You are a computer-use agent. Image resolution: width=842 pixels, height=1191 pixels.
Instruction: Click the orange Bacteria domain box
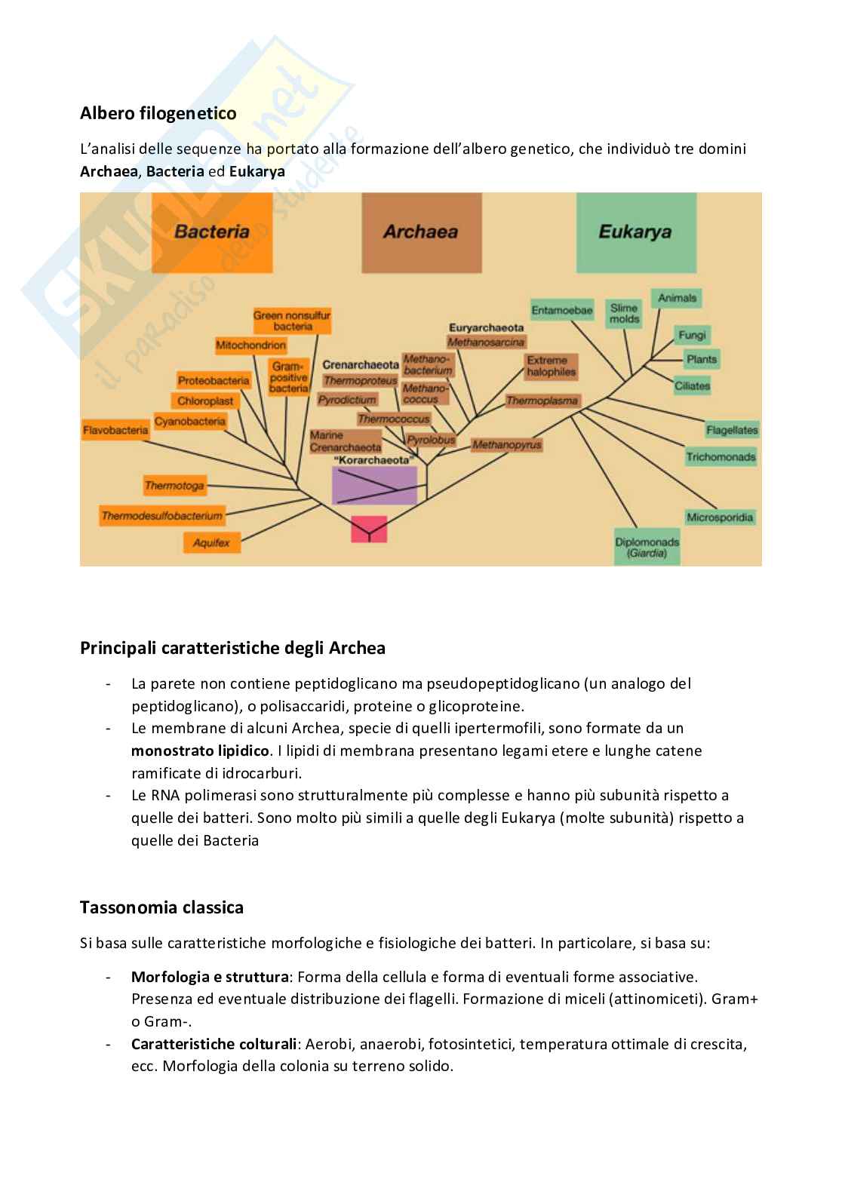coord(212,232)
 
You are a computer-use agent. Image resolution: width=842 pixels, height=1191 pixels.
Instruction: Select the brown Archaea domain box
coord(421,232)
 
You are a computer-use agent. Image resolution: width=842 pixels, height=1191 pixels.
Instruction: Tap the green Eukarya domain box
coord(635,232)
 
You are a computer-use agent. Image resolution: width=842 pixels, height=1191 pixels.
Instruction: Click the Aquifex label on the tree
coord(211,542)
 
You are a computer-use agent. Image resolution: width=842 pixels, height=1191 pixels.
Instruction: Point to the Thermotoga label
coord(174,486)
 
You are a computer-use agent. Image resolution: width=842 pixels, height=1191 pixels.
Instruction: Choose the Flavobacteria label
coord(115,431)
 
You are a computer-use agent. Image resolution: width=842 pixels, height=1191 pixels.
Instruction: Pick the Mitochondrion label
coord(250,345)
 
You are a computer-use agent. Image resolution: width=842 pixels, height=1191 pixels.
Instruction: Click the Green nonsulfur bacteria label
coord(293,321)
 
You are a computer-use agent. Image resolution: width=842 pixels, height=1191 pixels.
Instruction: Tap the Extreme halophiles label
coord(551,366)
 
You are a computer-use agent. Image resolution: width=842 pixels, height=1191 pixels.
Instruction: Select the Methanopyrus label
coord(507,445)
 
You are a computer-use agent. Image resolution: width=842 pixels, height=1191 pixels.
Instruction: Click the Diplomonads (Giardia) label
coord(647,547)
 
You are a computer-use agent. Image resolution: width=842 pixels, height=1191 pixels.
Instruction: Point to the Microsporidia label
coord(720,517)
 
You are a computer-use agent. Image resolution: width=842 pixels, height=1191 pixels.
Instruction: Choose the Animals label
coord(677,298)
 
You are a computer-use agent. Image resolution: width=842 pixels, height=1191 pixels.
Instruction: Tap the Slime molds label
coord(624,313)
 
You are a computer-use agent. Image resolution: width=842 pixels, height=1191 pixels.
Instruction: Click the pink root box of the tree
coord(369,529)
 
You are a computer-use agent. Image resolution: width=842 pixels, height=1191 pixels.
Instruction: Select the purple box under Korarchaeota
coord(374,485)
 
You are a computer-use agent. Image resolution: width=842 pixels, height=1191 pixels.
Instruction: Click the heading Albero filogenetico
coord(158,113)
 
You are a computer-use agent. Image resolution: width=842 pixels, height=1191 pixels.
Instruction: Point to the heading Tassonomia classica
coord(161,907)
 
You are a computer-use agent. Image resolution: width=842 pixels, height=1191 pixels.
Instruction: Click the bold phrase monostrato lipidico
coord(200,751)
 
